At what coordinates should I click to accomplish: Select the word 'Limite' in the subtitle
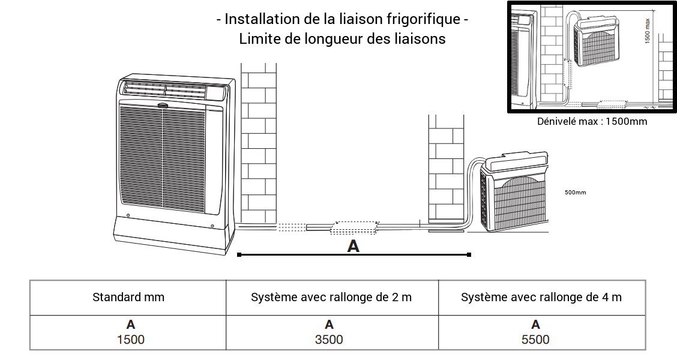(257, 39)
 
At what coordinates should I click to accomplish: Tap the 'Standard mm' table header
(128, 297)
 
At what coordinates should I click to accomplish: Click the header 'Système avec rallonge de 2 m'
(331, 297)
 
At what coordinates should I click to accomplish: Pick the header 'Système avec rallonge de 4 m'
(541, 297)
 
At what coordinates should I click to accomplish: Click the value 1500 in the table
(131, 340)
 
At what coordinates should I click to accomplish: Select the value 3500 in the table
(329, 340)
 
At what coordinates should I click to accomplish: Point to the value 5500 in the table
(535, 340)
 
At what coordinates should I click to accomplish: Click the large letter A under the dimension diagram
(354, 246)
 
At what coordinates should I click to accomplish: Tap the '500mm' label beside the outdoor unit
(575, 193)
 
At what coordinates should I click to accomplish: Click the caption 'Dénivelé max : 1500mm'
(592, 121)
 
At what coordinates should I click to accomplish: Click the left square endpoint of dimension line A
(239, 255)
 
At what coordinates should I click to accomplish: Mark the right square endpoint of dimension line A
(469, 255)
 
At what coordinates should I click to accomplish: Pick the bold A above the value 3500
(329, 325)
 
